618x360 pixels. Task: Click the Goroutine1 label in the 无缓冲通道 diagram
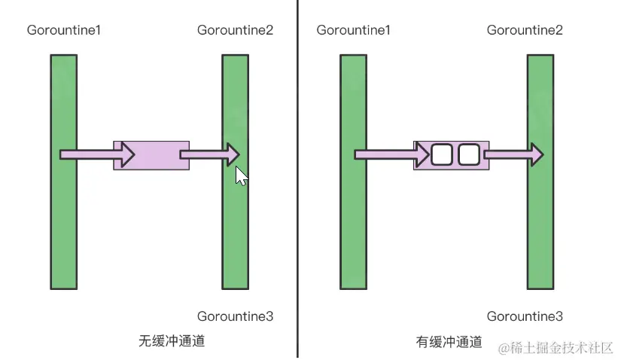pyautogui.click(x=64, y=30)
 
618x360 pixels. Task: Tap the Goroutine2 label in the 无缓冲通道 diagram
pyautogui.click(x=235, y=30)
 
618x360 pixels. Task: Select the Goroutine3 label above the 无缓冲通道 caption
pyautogui.click(x=235, y=316)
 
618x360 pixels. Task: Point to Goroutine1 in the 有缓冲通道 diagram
pyautogui.click(x=354, y=30)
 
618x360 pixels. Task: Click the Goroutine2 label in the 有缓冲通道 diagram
pyautogui.click(x=525, y=30)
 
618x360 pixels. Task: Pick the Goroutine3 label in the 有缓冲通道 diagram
pyautogui.click(x=525, y=316)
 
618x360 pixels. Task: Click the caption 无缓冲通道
pyautogui.click(x=172, y=340)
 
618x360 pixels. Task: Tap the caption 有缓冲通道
pyautogui.click(x=449, y=341)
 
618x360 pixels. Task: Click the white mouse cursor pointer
pyautogui.click(x=240, y=176)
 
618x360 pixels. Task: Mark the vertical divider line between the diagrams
pyautogui.click(x=298, y=226)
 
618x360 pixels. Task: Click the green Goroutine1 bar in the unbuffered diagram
pyautogui.click(x=64, y=226)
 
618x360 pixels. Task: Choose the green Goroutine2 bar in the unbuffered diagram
pyautogui.click(x=235, y=226)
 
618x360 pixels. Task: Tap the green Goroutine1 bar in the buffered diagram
pyautogui.click(x=353, y=226)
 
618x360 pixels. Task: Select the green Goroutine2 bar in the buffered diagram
pyautogui.click(x=540, y=226)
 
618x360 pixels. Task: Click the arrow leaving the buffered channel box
pyautogui.click(x=513, y=155)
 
